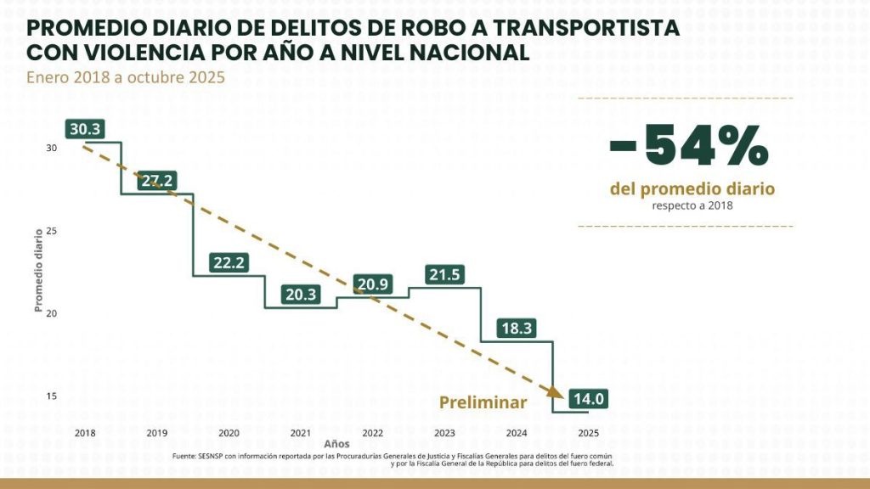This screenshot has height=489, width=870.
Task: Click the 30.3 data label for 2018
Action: (x=85, y=129)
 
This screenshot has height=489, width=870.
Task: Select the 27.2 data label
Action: (x=157, y=181)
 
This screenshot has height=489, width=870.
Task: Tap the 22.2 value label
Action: (x=229, y=263)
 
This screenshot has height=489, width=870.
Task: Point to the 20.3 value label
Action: (x=301, y=295)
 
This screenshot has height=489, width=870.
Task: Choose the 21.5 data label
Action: (x=444, y=275)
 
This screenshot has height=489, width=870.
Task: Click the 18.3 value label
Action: (x=517, y=329)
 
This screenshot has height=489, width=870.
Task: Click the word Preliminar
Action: (x=483, y=402)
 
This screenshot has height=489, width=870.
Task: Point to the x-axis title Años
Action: (x=336, y=443)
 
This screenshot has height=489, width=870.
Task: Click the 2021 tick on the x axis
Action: (x=301, y=433)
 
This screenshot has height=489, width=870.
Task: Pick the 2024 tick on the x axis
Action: (x=517, y=433)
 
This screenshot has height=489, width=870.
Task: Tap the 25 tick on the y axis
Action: (x=51, y=231)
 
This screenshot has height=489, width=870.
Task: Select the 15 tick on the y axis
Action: (x=51, y=396)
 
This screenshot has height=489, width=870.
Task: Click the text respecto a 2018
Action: (x=692, y=205)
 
